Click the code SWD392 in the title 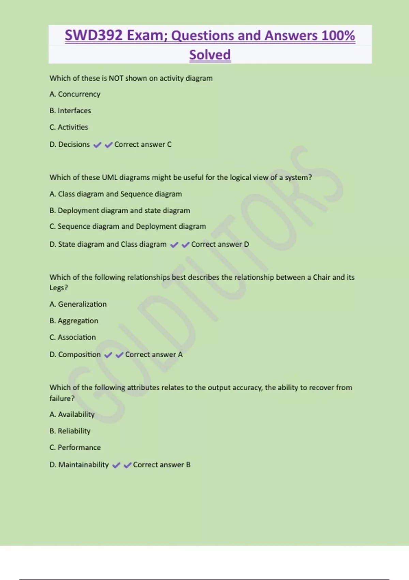pos(93,35)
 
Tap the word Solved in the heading pos(210,55)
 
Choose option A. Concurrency pos(75,94)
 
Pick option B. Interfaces pos(70,111)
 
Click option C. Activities pos(69,127)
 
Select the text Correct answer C pos(143,145)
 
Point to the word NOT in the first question pos(116,78)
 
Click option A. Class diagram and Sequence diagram pos(116,194)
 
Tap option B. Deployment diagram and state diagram pos(120,211)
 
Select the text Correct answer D pos(220,244)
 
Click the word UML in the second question pos(110,177)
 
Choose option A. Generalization pos(78,304)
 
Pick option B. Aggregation pos(74,321)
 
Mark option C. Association pos(73,337)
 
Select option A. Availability pos(72,415)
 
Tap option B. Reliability pos(70,431)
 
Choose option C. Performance pos(75,448)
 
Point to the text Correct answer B pos(162,465)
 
